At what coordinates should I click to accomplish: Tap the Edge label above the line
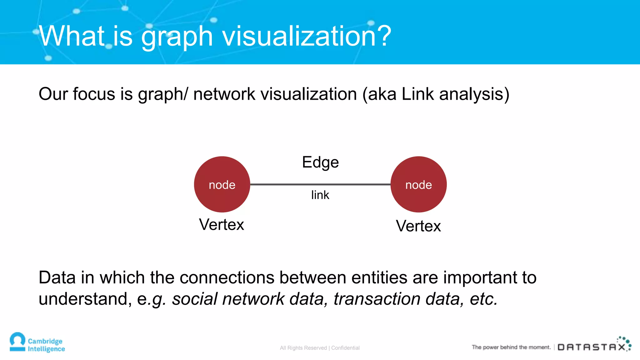[x=320, y=162]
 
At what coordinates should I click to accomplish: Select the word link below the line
[x=320, y=195]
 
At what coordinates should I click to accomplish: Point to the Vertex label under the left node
[x=222, y=225]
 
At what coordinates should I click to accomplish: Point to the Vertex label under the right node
[x=418, y=226]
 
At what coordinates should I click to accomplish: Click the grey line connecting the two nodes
[x=320, y=184]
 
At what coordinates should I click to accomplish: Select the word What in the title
[x=72, y=36]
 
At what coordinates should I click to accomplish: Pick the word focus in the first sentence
[x=94, y=94]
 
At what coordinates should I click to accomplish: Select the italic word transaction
[x=377, y=299]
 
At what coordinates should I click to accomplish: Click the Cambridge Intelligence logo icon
[x=17, y=342]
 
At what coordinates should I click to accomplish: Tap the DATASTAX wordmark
[x=592, y=347]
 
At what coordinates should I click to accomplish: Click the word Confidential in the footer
[x=345, y=348]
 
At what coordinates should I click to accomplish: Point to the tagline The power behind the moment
[x=511, y=347]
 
